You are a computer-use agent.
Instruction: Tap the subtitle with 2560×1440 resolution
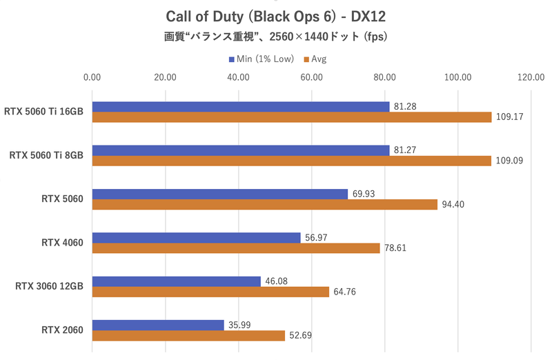(x=276, y=37)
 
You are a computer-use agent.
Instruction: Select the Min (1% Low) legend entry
(x=261, y=59)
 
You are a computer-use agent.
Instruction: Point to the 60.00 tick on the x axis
(x=312, y=77)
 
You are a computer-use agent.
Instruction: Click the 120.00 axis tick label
(x=531, y=77)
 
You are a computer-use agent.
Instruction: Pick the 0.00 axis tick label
(x=92, y=77)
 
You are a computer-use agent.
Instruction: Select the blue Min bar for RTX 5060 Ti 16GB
(x=240, y=107)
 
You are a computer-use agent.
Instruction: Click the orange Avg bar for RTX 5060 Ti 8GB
(x=291, y=161)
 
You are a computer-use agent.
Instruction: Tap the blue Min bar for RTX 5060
(x=219, y=194)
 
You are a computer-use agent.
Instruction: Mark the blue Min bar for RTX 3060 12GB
(x=176, y=281)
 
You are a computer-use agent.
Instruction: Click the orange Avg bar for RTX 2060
(x=188, y=335)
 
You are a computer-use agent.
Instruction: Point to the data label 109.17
(x=509, y=117)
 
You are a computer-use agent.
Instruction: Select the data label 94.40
(x=455, y=205)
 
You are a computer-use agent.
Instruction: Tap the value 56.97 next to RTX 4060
(x=318, y=238)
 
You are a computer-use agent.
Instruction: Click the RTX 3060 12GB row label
(x=49, y=286)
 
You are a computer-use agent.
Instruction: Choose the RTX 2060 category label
(x=62, y=330)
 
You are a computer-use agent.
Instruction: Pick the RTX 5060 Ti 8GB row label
(x=46, y=156)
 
